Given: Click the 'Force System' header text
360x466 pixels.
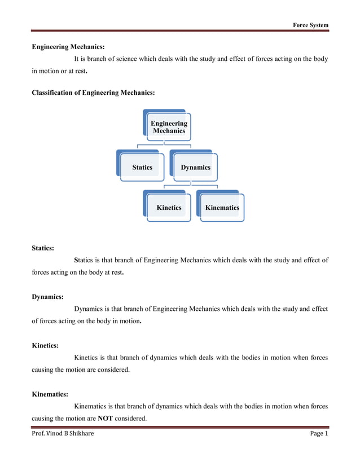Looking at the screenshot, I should pos(310,25).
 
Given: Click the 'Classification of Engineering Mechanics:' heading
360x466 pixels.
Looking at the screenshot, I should pos(93,92).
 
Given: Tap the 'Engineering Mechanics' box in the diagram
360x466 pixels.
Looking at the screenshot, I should pos(169,127).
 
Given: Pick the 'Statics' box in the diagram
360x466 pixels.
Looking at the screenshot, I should pos(142,167).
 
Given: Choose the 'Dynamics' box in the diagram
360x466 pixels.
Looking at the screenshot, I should pos(195,167).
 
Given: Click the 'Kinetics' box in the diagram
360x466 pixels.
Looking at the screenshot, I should pos(169,208).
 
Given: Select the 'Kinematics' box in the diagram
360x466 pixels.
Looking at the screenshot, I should pos(222,208).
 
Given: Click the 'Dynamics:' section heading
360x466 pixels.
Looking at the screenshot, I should pos(47,296).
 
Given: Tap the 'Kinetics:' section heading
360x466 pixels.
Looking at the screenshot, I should pos(45,346).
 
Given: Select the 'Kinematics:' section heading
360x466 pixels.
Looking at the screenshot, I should pos(50,395).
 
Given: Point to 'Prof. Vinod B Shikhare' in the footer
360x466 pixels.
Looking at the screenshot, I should pos(63,433).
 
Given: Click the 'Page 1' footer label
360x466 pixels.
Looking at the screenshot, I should pos(319,433).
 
